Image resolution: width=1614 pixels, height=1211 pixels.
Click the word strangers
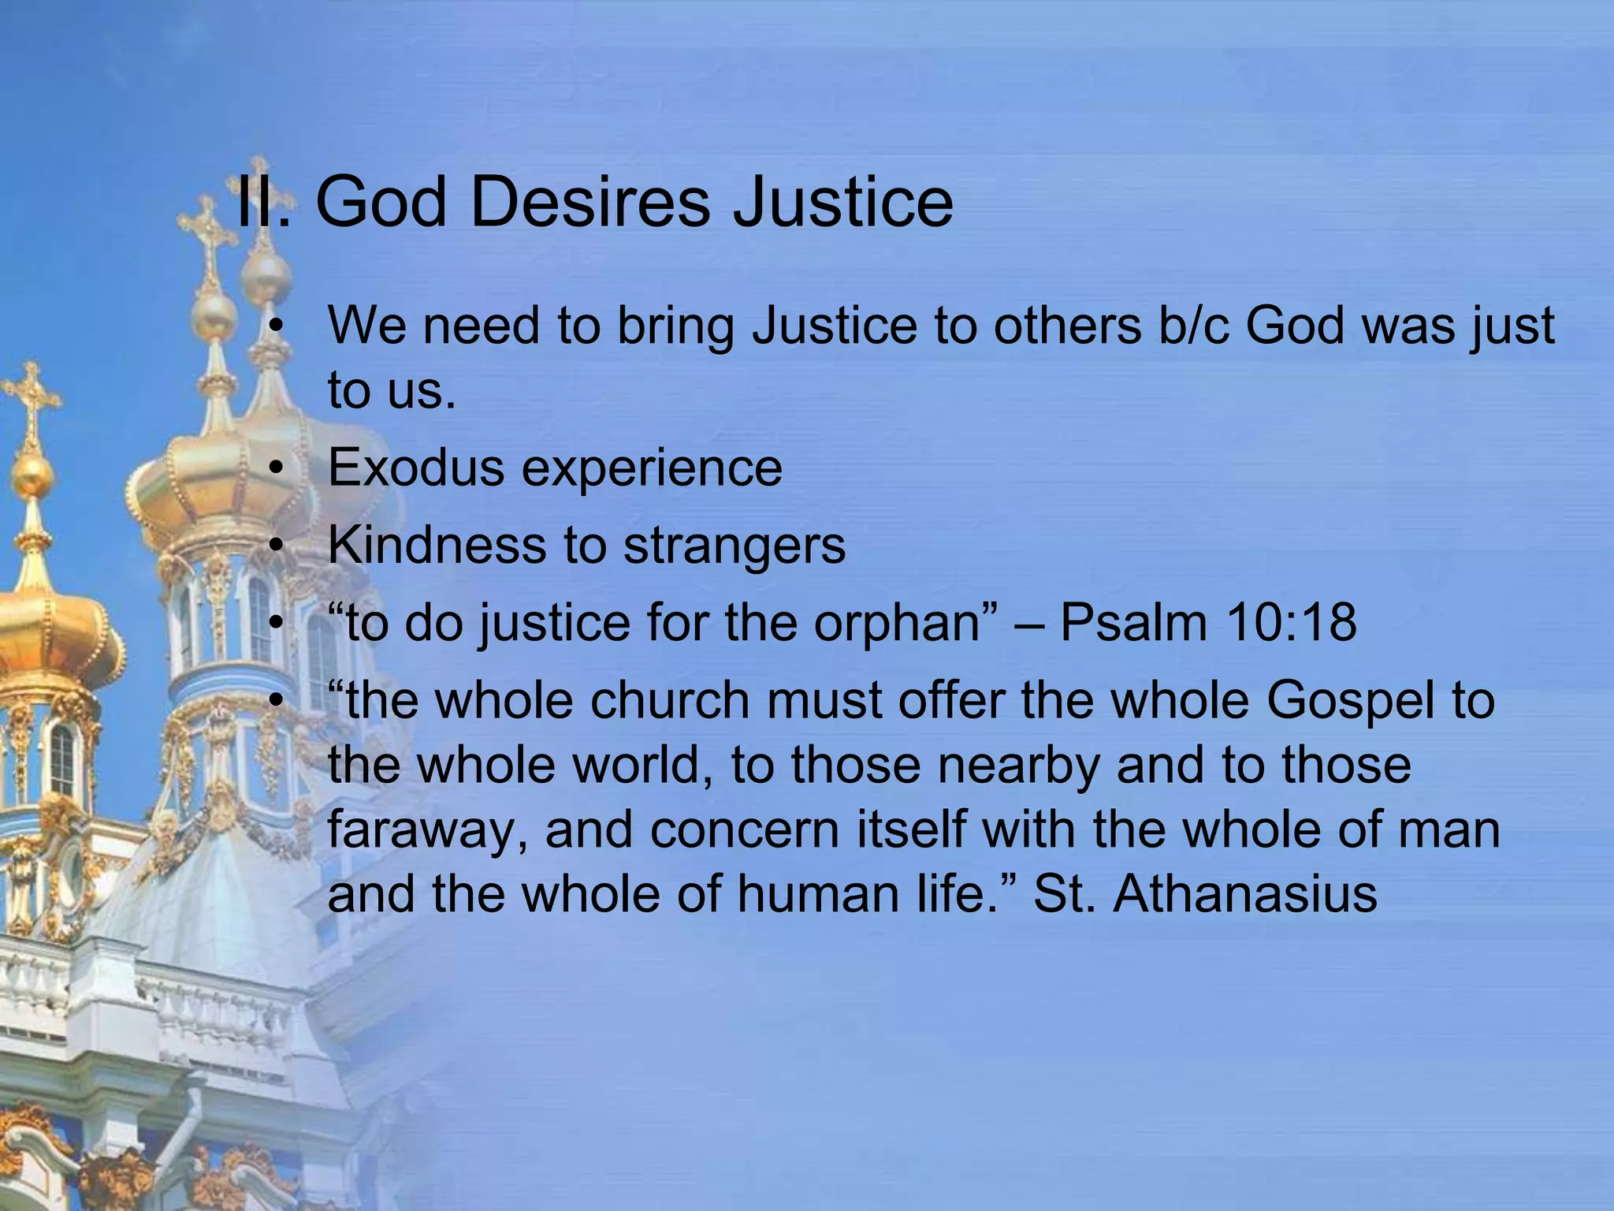pos(734,546)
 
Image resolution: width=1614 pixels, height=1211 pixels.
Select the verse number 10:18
pos(1292,622)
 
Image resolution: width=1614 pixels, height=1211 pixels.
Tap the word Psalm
pos(1132,622)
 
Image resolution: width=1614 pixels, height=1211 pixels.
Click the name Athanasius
pos(1244,894)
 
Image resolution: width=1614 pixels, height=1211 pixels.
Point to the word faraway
pos(426,830)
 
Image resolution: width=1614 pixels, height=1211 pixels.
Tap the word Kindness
pos(436,546)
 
